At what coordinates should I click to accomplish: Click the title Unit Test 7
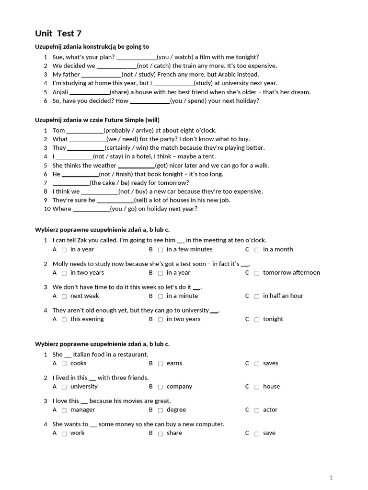tap(58, 33)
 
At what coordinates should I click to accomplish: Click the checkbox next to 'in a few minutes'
tap(161, 250)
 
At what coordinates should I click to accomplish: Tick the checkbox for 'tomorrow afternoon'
tap(257, 273)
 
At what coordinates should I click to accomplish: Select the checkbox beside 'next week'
tap(64, 296)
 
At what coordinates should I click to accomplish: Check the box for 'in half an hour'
tap(257, 296)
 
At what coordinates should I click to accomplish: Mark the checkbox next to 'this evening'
tap(64, 320)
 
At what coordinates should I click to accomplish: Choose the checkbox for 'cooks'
tap(64, 364)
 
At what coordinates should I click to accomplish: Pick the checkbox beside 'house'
tap(257, 387)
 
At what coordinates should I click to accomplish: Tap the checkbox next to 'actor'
tap(257, 410)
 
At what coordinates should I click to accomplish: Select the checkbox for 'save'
tap(257, 434)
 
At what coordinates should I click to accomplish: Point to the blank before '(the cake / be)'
tap(71, 183)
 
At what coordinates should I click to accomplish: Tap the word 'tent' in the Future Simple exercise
tap(209, 156)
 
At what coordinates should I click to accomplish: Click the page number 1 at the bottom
tap(331, 477)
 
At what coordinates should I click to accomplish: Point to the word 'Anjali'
tap(60, 92)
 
